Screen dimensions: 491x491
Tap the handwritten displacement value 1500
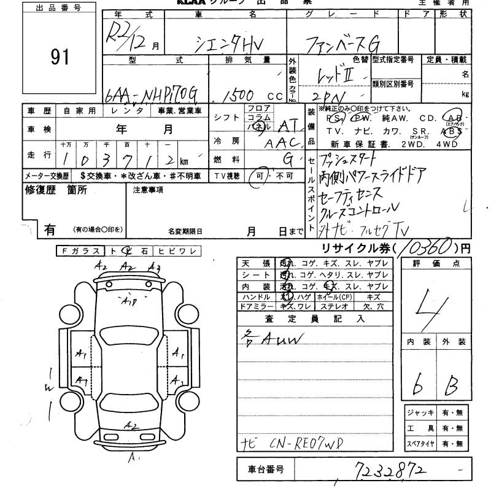pos(241,96)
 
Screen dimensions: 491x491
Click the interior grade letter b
pos(417,385)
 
